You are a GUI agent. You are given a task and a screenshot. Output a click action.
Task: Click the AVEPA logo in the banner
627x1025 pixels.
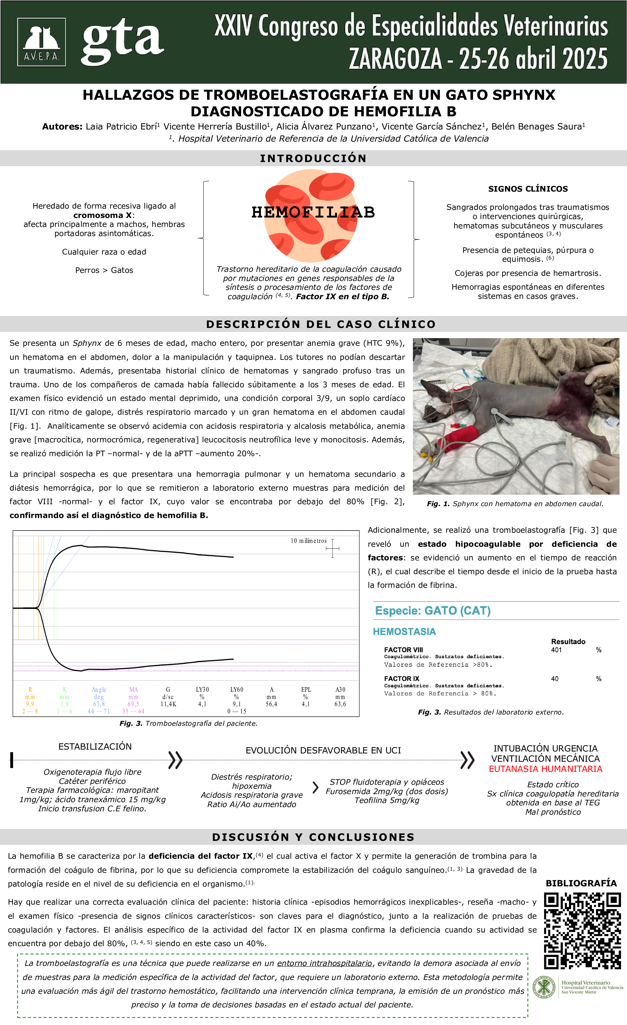coord(41,42)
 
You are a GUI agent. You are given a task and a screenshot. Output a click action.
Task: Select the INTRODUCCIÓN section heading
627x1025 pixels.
coord(313,158)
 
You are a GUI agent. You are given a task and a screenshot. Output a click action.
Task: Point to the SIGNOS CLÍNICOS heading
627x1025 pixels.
coord(528,189)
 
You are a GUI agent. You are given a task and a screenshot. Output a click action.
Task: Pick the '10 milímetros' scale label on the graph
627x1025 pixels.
coord(309,541)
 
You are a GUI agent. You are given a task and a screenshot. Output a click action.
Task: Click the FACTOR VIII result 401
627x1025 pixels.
coord(556,650)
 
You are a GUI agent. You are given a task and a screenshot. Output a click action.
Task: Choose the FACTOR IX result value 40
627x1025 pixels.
coord(555,679)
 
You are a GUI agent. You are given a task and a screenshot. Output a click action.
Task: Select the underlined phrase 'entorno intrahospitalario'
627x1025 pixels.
coord(324,963)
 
